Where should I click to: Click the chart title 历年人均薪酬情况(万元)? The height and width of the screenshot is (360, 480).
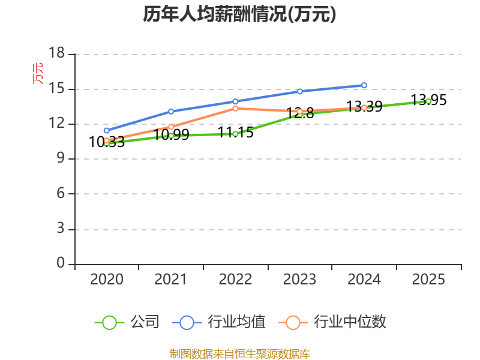tap(239, 14)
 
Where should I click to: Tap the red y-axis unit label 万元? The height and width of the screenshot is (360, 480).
tap(38, 73)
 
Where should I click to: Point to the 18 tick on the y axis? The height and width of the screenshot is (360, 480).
tap(57, 53)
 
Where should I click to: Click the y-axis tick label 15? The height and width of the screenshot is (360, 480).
tap(57, 88)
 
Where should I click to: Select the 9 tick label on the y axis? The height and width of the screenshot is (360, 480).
tap(61, 158)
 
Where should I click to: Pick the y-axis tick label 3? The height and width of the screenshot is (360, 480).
tap(61, 229)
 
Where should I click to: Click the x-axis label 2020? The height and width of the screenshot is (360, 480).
tap(107, 279)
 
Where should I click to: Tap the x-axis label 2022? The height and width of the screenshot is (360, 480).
tap(235, 279)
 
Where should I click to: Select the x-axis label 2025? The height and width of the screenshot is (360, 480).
tap(428, 279)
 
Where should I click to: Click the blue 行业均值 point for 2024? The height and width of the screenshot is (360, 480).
tap(364, 85)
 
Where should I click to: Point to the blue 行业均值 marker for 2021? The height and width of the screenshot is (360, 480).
tap(171, 112)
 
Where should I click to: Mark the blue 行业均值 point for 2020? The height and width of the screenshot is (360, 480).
tap(107, 130)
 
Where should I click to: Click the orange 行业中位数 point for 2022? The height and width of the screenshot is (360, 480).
tap(235, 109)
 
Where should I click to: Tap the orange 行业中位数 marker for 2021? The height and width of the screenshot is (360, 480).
tap(171, 127)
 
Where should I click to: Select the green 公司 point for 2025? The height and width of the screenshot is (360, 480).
tap(428, 101)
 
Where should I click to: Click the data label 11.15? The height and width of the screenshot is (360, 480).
tap(235, 133)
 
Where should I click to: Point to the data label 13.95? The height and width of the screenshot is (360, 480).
tap(428, 100)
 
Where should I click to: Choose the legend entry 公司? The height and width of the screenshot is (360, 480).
tap(127, 322)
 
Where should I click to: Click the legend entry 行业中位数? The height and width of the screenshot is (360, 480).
tap(332, 322)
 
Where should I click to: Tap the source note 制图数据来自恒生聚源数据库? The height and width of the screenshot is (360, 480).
tap(240, 354)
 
